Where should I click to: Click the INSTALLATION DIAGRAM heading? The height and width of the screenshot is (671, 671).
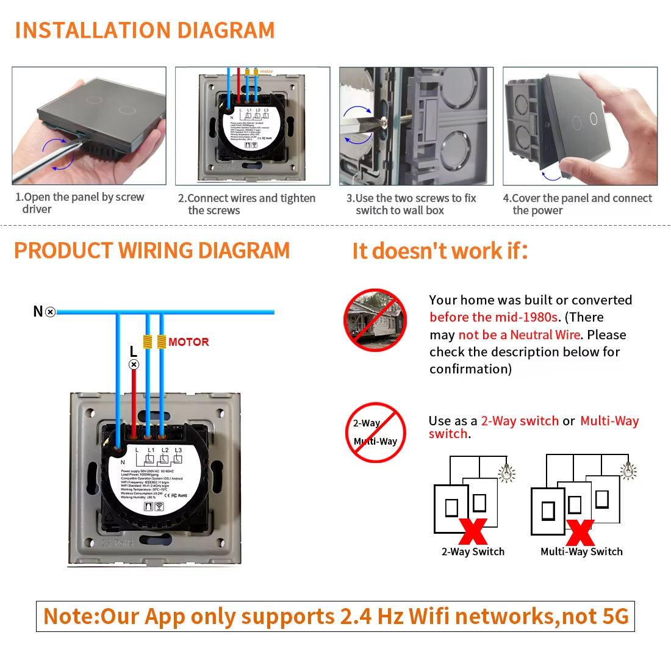145,30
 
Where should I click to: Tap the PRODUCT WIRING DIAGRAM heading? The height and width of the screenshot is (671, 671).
152,251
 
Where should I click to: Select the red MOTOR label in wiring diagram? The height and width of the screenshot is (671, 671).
188,342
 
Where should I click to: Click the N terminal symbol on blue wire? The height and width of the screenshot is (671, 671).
51,312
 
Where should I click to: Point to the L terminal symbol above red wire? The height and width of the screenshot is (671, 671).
134,364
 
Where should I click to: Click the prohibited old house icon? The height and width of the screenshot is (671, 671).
375,320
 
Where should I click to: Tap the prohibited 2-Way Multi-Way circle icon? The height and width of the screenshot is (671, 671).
375,432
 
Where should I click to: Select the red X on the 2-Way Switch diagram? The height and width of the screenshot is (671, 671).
473,531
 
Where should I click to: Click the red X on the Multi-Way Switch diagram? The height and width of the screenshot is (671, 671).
580,533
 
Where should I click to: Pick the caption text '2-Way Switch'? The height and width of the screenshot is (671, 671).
473,551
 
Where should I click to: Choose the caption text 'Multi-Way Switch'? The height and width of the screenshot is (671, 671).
581,551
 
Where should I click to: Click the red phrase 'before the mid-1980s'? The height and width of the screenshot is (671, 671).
493,317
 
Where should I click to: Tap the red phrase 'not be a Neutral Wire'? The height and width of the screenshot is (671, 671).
519,335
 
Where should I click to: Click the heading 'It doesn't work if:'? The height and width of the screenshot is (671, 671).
440,251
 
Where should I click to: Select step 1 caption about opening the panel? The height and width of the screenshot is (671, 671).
79,203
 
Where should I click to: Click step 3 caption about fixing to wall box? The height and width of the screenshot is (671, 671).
411,204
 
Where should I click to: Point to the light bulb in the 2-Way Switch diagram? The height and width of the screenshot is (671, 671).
507,473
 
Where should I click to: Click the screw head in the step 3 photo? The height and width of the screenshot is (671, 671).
384,122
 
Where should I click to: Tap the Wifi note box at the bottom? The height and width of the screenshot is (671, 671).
335,616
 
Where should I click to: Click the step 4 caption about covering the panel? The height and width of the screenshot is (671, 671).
577,204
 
